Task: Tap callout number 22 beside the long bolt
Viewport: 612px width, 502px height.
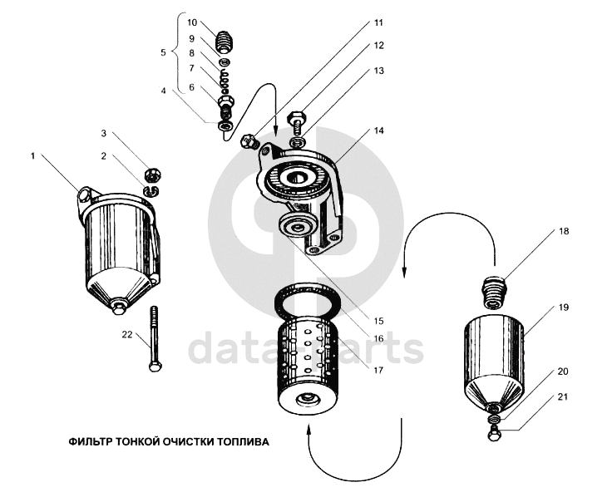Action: click(126, 334)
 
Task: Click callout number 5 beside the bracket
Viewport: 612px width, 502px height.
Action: click(164, 52)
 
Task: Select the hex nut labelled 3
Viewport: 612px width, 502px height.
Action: click(151, 175)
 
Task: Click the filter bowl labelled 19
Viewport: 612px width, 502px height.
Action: click(495, 353)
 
